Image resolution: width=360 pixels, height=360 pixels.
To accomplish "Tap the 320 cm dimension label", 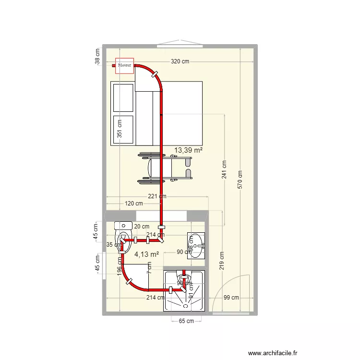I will tap(180, 62).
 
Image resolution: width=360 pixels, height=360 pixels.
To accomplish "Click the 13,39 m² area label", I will tap(188, 150).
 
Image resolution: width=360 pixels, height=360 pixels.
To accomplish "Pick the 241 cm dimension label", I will tap(225, 169).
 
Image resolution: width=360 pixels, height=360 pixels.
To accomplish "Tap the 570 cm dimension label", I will tap(240, 180).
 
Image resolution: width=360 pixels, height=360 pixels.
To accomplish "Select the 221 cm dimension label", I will tap(157, 196).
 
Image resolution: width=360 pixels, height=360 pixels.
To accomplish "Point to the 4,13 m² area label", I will tap(146, 254).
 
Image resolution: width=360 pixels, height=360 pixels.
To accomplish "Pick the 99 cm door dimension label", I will tap(231, 298).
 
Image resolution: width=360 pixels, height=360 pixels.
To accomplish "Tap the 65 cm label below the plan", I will tap(186, 321).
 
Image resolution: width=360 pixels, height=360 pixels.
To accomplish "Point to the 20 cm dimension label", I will tap(141, 227).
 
